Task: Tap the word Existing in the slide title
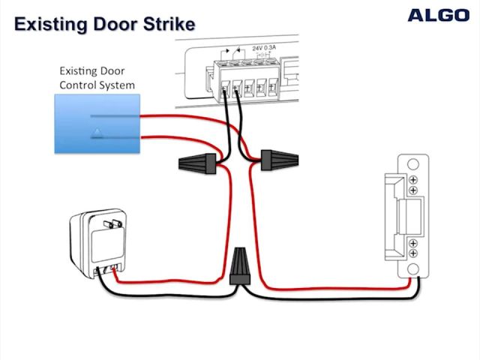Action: (49, 24)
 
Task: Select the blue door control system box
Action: (97, 124)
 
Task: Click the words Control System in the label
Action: (97, 85)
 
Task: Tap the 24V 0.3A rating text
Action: (264, 48)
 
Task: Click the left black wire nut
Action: (199, 161)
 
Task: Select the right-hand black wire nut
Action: (279, 159)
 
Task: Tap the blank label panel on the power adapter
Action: (105, 244)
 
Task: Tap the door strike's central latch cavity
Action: (410, 217)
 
